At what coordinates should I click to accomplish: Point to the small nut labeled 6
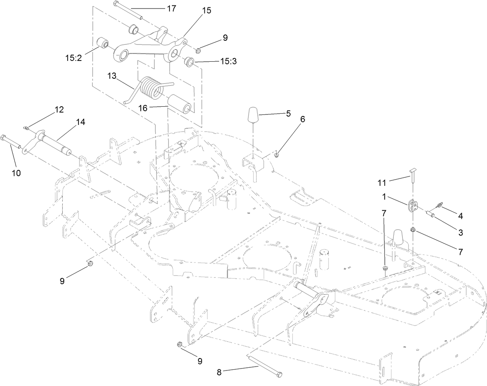tap(276, 156)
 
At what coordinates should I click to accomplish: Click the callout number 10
tap(15, 173)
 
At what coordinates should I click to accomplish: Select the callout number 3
tap(461, 232)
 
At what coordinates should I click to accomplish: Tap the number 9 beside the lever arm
tap(225, 38)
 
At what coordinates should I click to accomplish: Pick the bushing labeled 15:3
tap(189, 61)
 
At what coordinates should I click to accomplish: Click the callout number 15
tap(207, 10)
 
